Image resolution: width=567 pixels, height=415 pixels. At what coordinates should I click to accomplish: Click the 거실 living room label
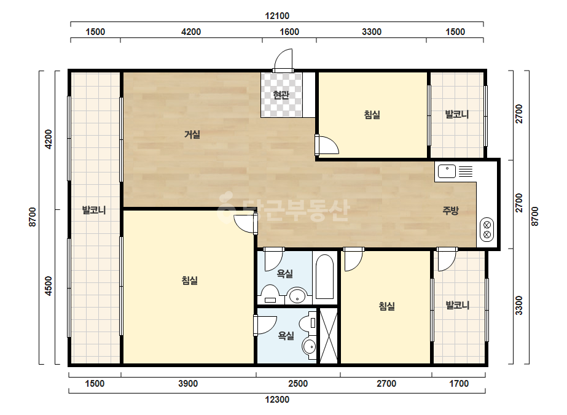pos(192,134)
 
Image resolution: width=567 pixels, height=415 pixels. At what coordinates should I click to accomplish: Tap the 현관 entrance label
pos(281,95)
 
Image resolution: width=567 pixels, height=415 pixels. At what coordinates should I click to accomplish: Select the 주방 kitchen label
pos(450,210)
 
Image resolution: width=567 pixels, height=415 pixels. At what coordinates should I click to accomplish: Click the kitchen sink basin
pos(447,171)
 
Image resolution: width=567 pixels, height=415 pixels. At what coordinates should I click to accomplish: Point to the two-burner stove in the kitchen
pos(487,230)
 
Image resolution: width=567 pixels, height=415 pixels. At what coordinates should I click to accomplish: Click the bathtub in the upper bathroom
pos(325,277)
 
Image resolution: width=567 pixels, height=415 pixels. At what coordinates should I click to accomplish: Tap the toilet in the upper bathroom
pos(270,293)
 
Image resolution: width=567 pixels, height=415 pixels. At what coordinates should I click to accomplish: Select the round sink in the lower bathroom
pos(309,347)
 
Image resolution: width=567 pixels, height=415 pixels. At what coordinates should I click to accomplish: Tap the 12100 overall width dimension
pos(277,16)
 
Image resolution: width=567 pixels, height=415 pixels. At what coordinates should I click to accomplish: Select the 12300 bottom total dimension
pos(277,400)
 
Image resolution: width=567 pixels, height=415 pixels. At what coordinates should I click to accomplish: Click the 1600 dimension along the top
pos(289,32)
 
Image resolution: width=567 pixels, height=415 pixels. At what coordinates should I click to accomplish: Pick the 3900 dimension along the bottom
pos(188,384)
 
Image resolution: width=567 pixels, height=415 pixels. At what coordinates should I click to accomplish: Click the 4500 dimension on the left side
pos(49,286)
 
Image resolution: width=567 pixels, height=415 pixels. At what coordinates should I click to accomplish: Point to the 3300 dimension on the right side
pos(519,306)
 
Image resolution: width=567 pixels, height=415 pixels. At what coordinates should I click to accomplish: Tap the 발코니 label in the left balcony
pos(94,210)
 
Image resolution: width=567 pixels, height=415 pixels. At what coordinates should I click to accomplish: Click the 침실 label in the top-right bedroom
pos(372,115)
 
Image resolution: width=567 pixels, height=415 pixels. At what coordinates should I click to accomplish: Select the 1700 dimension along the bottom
pos(459,384)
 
